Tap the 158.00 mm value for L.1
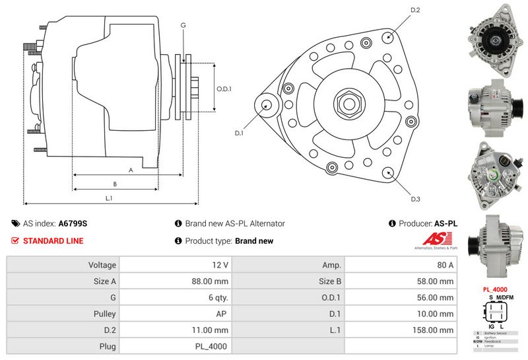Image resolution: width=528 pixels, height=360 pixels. coord(436,330)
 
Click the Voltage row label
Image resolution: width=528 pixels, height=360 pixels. coord(102,265)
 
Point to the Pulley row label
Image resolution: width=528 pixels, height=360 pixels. coord(106,314)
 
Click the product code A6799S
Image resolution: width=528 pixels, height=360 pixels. coord(73,224)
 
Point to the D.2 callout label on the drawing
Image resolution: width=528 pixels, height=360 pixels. coord(415,10)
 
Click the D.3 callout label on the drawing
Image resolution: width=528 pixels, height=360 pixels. coord(415,199)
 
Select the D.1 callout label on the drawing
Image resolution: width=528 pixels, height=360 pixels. coord(239,133)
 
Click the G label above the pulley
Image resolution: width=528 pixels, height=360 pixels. coord(183,25)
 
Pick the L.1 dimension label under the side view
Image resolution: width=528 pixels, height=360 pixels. coord(110,198)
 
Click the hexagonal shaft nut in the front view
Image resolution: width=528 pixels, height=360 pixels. coord(347,102)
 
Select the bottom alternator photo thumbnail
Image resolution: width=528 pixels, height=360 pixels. coord(494,242)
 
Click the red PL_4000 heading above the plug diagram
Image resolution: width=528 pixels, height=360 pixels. coord(494,289)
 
